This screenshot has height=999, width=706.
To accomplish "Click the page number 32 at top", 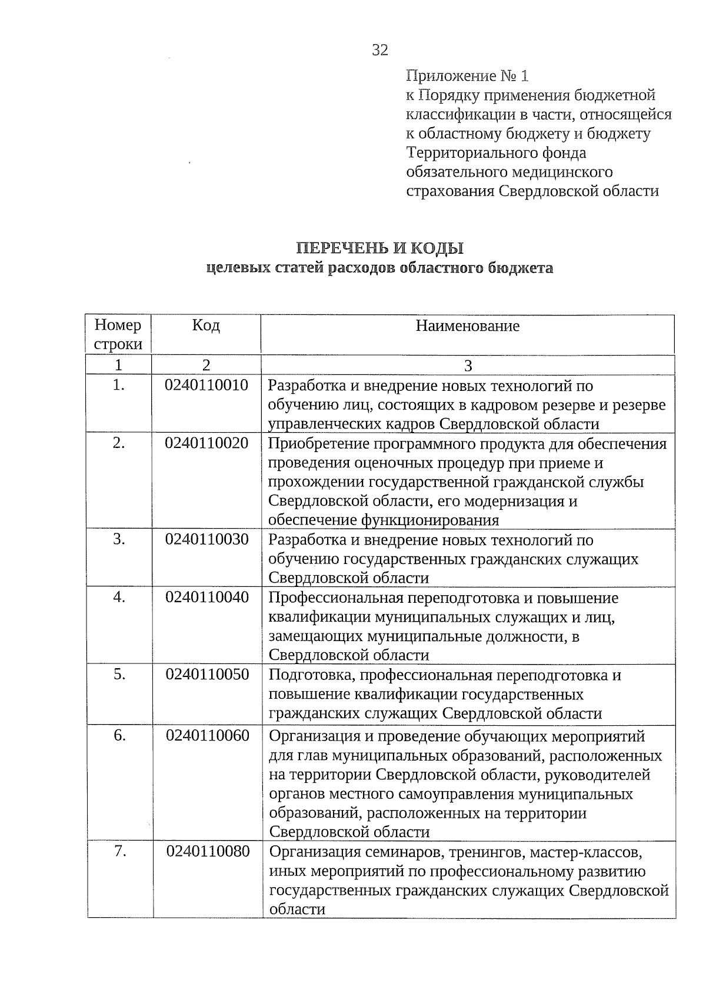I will pyautogui.click(x=380, y=51).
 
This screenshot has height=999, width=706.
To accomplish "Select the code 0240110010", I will pyautogui.click(x=207, y=386).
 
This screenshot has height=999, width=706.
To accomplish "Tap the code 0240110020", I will pyautogui.click(x=207, y=443).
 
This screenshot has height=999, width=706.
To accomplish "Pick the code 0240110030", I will pyautogui.click(x=207, y=539).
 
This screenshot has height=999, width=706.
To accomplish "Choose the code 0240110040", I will pyautogui.click(x=207, y=597).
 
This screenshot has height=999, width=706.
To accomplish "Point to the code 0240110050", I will pyautogui.click(x=207, y=674).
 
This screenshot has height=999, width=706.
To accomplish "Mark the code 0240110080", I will pyautogui.click(x=208, y=851).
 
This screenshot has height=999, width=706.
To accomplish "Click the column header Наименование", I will pyautogui.click(x=468, y=326).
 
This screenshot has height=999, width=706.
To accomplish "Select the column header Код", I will pyautogui.click(x=206, y=326).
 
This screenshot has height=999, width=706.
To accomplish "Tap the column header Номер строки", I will pyautogui.click(x=118, y=334).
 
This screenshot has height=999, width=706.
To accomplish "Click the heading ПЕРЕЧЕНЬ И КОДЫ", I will pyautogui.click(x=379, y=248).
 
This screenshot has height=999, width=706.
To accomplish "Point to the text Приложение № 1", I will pyautogui.click(x=468, y=76).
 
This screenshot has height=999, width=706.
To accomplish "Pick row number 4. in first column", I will pyautogui.click(x=119, y=597).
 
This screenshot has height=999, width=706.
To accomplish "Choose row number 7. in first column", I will pyautogui.click(x=120, y=851).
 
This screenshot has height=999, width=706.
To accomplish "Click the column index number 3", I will pyautogui.click(x=468, y=366).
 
